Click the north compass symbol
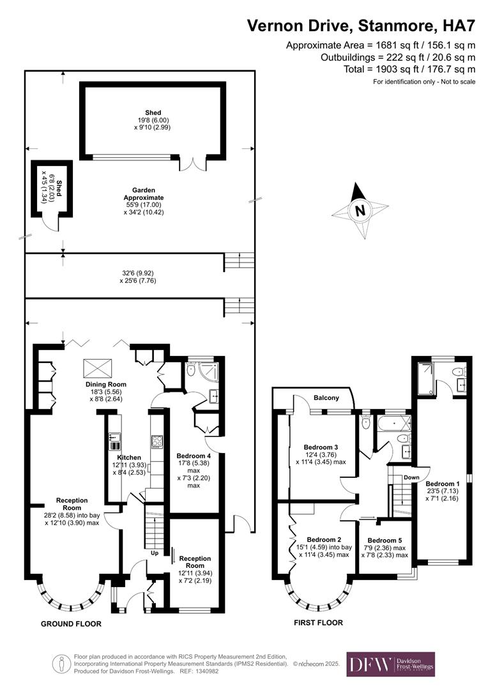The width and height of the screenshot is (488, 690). [x=360, y=210]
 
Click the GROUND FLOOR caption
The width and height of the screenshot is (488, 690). [x=71, y=624]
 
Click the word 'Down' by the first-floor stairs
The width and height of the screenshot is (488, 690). [x=412, y=477]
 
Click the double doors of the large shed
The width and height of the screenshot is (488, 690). [x=193, y=164]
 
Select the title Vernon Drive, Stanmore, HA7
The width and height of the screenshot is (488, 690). [x=362, y=26]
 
